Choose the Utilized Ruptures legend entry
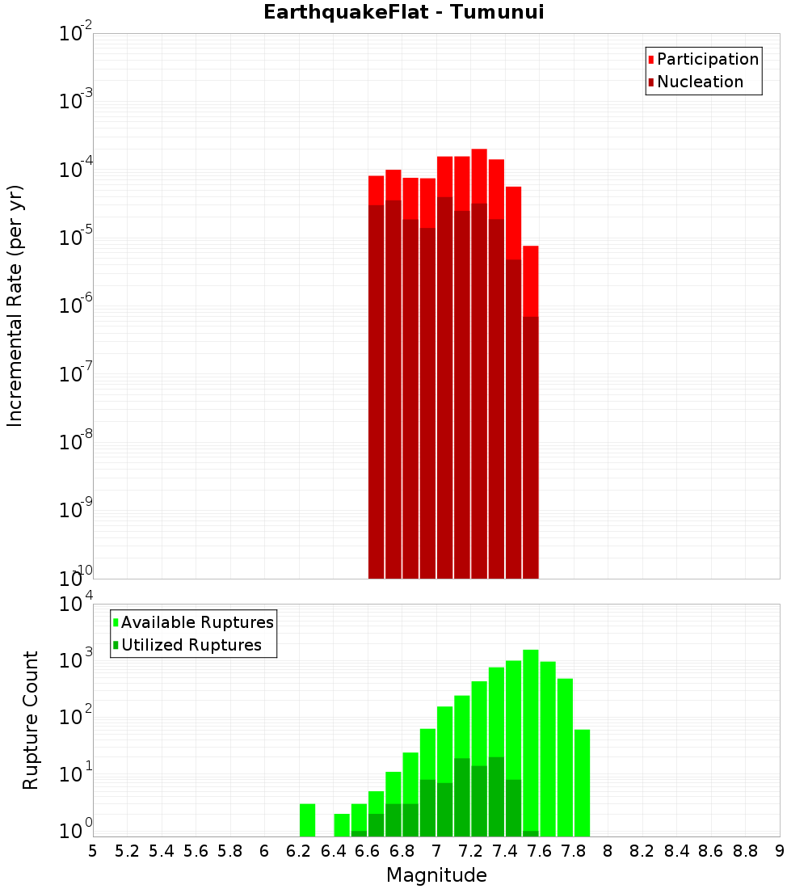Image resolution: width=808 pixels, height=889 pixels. click(191, 645)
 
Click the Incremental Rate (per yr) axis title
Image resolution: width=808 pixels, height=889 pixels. click(15, 305)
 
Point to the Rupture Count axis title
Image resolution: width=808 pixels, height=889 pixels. click(31, 720)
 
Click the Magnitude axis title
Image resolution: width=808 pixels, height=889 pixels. click(436, 875)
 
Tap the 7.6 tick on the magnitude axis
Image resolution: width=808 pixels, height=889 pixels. click(540, 850)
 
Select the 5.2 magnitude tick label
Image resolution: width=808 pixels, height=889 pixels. click(127, 850)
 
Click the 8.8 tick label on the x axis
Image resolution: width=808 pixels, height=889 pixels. click(746, 850)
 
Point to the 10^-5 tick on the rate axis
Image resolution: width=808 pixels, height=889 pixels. click(76, 238)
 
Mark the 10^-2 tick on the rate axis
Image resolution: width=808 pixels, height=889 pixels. click(76, 34)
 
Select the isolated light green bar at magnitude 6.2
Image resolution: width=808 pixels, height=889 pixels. click(307, 819)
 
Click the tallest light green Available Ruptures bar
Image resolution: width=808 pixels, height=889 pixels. click(531, 739)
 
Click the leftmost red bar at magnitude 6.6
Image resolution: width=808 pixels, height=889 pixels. click(377, 372)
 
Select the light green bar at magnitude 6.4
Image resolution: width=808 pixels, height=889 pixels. click(342, 824)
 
